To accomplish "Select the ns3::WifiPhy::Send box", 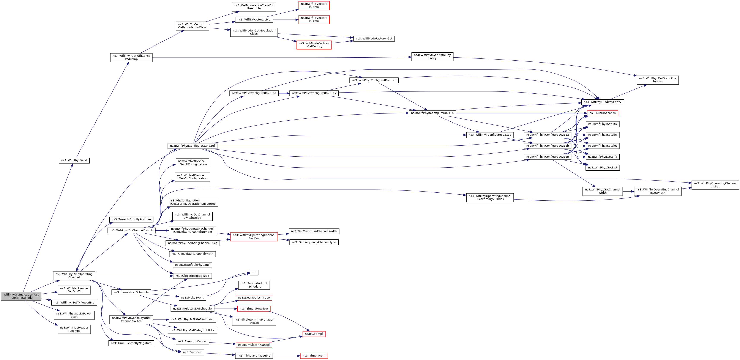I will click(x=74, y=160).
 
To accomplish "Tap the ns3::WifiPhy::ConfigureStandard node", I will click(x=192, y=146).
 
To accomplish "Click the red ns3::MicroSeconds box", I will click(x=602, y=113).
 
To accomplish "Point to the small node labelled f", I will click(x=254, y=272).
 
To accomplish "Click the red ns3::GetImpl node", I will click(x=314, y=334).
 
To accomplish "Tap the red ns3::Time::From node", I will click(x=314, y=356).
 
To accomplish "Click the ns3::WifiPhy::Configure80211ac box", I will click(x=374, y=80).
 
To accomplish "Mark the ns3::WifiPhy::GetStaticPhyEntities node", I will click(x=658, y=80).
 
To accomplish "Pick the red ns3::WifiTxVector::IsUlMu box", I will click(x=314, y=5).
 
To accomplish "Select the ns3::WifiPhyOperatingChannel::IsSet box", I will click(x=715, y=185).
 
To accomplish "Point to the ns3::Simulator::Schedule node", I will click(x=131, y=292).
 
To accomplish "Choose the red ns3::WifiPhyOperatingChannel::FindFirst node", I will click(x=254, y=237).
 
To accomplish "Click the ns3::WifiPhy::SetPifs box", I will click(x=602, y=124).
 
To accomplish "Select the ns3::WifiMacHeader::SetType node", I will click(x=74, y=329).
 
